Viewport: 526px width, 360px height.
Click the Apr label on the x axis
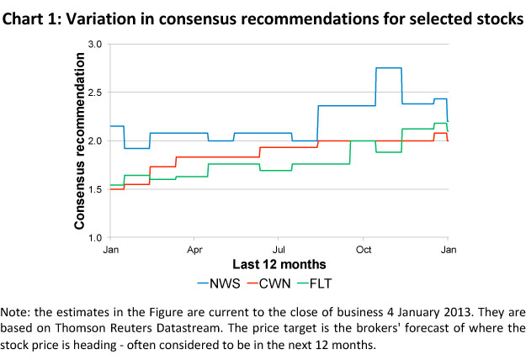click(x=195, y=250)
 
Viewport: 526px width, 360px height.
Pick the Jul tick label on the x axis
click(x=280, y=250)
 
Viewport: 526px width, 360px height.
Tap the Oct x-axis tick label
click(x=364, y=250)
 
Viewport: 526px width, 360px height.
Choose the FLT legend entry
click(x=344, y=283)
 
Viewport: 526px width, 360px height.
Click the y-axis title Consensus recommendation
click(x=79, y=140)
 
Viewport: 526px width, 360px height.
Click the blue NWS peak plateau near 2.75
click(x=388, y=68)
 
